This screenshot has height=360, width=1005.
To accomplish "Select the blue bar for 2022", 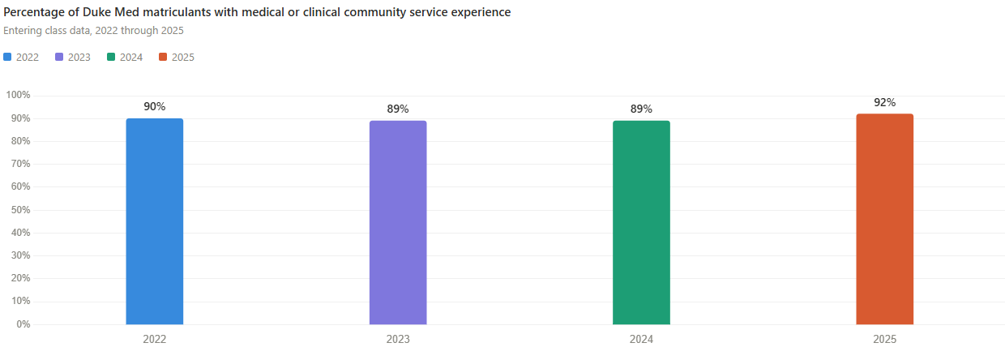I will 155,221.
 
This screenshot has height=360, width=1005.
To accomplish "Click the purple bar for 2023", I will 398,223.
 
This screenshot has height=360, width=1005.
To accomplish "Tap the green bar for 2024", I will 641,223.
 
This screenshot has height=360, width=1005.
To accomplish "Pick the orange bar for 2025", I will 884,219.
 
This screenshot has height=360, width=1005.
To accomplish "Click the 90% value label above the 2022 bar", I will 155,106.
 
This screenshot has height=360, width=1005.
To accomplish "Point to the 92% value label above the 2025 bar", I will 884,102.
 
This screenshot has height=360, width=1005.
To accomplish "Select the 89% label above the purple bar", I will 398,109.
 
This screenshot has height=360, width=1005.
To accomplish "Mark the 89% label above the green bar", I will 641,109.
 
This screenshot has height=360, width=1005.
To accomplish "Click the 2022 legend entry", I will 22,57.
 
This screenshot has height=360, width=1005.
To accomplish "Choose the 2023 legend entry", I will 73,57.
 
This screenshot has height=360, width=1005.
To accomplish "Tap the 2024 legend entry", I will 125,57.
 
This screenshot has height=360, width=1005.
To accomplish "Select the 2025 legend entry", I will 177,57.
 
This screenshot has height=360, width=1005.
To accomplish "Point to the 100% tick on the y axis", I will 18,95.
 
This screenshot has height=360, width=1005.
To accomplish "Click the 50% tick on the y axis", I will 19,210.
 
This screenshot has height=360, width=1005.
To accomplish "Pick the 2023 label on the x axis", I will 398,340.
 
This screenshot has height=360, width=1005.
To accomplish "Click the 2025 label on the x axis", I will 884,340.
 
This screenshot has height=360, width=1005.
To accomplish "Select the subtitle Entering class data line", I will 93,31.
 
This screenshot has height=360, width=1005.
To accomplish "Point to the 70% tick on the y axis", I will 19,164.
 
